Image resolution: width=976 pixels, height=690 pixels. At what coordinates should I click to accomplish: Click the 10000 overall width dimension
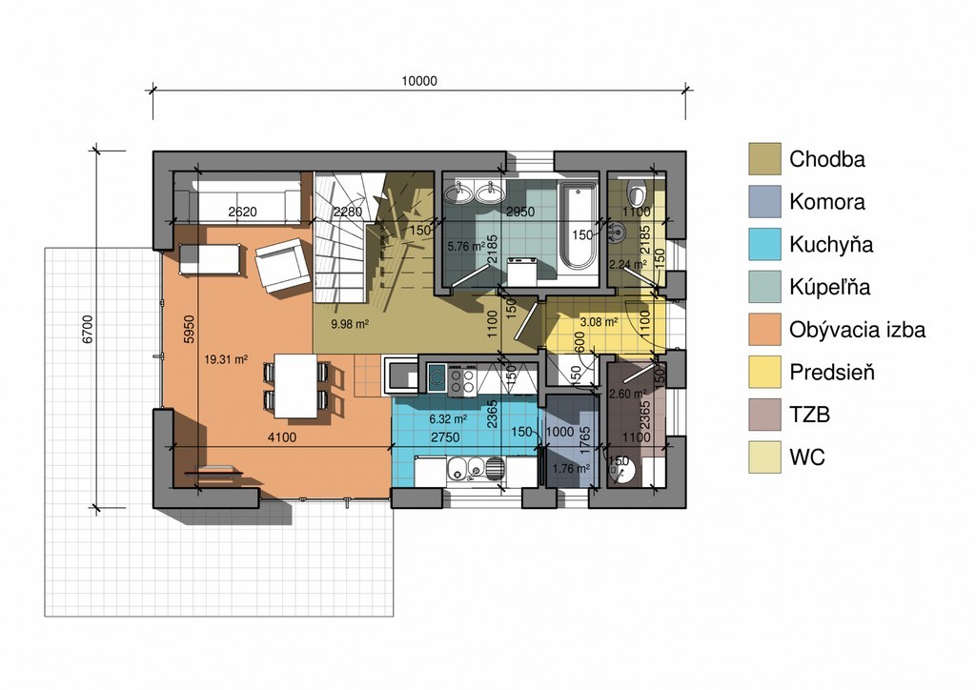(x=419, y=81)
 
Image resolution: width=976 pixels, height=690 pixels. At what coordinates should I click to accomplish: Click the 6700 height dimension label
(x=88, y=329)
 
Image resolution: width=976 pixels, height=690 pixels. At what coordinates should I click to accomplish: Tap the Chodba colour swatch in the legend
(x=764, y=158)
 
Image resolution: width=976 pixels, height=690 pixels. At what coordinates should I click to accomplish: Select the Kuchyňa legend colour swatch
(x=764, y=244)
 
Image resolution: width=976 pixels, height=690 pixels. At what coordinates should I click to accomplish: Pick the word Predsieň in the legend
(x=831, y=372)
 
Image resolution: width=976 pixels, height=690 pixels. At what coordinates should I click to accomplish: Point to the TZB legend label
(x=809, y=415)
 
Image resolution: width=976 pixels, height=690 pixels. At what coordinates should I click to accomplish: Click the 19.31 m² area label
(x=226, y=359)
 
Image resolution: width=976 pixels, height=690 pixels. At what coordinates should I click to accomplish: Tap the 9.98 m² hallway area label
(x=350, y=323)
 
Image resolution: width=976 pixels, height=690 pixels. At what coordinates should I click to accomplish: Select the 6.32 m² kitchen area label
(x=448, y=419)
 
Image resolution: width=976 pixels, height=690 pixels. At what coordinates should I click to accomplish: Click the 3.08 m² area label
(x=599, y=322)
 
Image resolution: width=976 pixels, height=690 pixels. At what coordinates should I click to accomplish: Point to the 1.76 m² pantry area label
(x=571, y=469)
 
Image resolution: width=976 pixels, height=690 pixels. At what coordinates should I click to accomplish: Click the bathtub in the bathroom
(x=578, y=225)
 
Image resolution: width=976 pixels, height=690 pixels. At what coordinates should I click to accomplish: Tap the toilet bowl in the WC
(x=636, y=193)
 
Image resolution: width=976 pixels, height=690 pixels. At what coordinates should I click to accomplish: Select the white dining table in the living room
(x=295, y=386)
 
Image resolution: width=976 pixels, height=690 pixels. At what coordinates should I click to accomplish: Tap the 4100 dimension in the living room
(x=282, y=437)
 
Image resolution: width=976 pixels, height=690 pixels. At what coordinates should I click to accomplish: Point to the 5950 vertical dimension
(x=190, y=329)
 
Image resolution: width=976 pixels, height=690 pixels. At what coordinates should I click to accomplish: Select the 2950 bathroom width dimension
(x=520, y=212)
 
